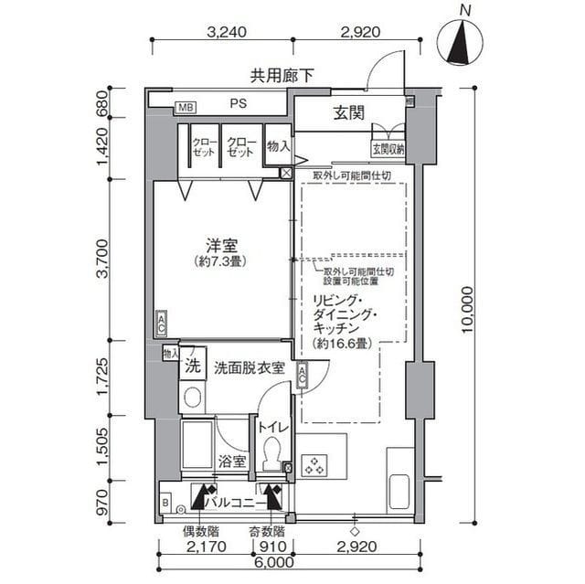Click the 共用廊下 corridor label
tap(283, 77)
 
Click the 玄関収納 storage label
tap(388, 148)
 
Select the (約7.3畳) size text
tap(222, 261)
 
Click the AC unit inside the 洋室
tap(161, 323)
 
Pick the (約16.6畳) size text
tap(338, 344)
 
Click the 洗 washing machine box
tap(192, 366)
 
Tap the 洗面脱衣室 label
tap(249, 368)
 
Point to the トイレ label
tap(271, 426)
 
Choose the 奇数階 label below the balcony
tap(266, 532)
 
